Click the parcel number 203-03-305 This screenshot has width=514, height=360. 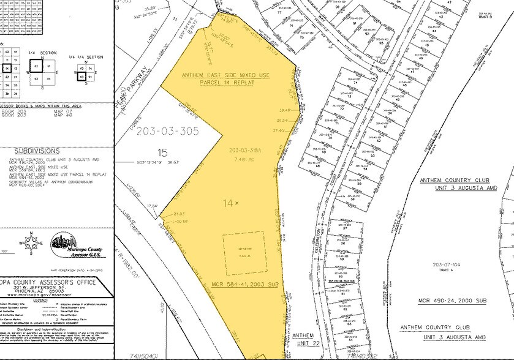[168, 130]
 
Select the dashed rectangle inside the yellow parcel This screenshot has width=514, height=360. [243, 253]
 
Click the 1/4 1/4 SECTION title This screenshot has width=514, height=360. [86, 56]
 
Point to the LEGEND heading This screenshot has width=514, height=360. [56, 301]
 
